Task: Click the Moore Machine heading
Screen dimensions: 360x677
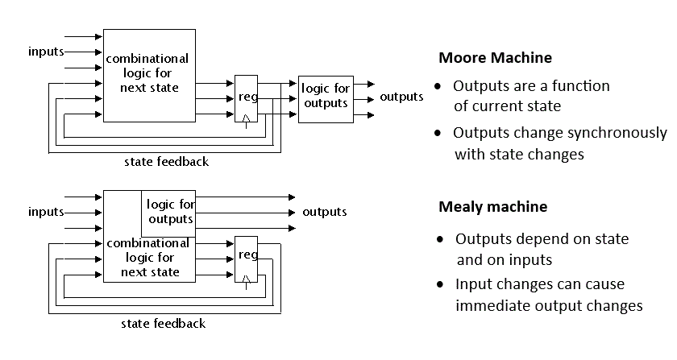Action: [495, 58]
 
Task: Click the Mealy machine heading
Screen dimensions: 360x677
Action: [492, 207]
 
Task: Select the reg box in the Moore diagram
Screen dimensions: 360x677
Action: [246, 97]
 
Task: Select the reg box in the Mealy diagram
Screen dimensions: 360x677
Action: [247, 256]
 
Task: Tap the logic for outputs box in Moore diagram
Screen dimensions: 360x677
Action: [325, 97]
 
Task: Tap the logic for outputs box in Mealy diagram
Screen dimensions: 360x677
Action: [169, 212]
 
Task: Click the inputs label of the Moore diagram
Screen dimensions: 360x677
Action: [46, 52]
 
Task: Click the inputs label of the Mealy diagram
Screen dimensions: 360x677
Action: [46, 212]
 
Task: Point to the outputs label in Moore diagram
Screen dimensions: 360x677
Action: [401, 97]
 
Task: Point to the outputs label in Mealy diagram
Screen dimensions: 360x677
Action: [324, 212]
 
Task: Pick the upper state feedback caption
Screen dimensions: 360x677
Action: [166, 162]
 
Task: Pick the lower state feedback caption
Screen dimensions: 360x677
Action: [163, 324]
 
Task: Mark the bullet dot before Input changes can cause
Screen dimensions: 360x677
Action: [440, 285]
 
